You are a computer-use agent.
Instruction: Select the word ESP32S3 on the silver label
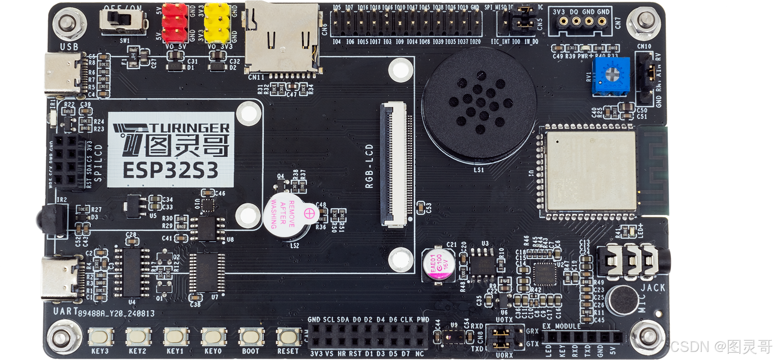click(x=171, y=170)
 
